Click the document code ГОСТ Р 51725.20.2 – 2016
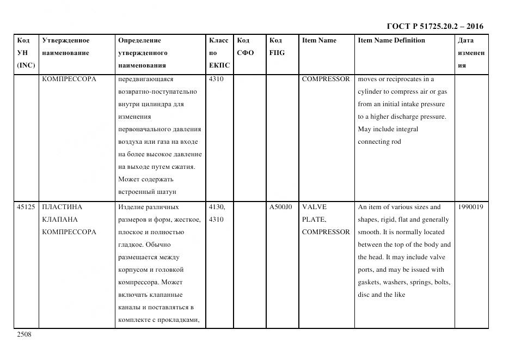point(435,26)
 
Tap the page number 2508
point(24,334)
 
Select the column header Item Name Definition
point(391,40)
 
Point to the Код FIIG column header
point(277,47)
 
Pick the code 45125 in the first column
point(26,207)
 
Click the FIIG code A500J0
point(280,207)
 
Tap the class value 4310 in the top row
point(216,79)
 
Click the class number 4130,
point(217,207)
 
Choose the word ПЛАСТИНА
point(62,207)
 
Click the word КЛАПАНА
point(60,219)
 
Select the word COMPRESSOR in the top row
point(326,79)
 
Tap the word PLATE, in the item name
point(314,219)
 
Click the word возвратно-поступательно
point(157,91)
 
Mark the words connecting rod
point(379,142)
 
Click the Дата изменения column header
point(471,53)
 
